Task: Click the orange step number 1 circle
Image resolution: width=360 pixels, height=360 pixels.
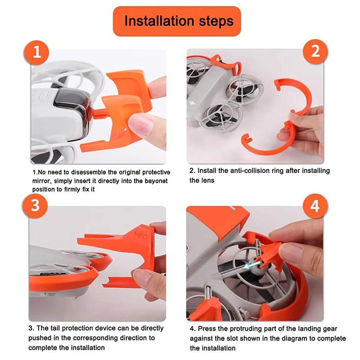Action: (36, 52)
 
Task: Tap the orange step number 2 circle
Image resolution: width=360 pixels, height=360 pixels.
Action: (315, 52)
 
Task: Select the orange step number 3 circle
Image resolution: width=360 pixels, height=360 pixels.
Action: (35, 206)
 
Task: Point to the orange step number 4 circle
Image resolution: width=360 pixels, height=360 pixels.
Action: (315, 206)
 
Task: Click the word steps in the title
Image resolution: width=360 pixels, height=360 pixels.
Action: (216, 22)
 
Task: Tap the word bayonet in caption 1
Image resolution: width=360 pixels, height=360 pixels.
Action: (156, 181)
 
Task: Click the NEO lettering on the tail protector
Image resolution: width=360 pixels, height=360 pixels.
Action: (140, 236)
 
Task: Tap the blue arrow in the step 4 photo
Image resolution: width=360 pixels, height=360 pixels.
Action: (253, 264)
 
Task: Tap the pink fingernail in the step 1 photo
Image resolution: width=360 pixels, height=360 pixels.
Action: (140, 124)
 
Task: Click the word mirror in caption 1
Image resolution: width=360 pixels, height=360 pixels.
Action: (42, 181)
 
